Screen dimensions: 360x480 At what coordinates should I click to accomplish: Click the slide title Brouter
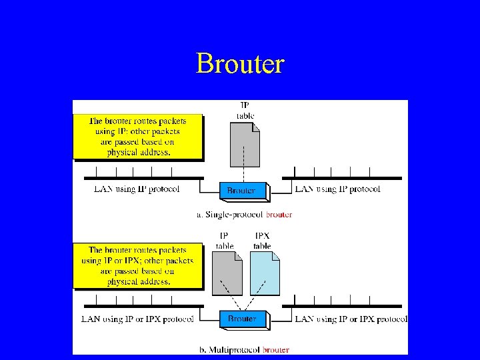point(240,64)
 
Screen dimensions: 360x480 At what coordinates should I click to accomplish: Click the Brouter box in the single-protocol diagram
point(241,191)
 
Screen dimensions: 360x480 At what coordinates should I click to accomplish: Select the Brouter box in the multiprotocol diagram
point(242,319)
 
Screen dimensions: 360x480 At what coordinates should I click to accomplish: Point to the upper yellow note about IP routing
point(137,137)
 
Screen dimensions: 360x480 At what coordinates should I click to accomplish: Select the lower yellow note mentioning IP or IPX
point(137,265)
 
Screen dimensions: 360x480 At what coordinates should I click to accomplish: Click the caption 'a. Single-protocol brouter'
point(244,215)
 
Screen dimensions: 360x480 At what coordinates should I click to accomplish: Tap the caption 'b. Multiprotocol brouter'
point(244,349)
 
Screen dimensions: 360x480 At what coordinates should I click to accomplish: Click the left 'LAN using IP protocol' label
point(137,189)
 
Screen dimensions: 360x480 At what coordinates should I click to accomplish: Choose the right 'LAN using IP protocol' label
point(337,189)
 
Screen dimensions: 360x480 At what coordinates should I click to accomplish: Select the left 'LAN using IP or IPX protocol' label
point(137,319)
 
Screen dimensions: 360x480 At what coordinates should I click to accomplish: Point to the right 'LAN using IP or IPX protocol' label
point(351,319)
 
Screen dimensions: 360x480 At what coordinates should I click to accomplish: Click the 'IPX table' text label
point(262,241)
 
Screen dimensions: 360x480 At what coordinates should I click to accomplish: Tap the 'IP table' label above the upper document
point(245,110)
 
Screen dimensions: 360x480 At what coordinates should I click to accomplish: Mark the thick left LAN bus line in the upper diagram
point(143,178)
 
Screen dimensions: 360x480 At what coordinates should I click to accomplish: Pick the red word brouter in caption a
point(279,215)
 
